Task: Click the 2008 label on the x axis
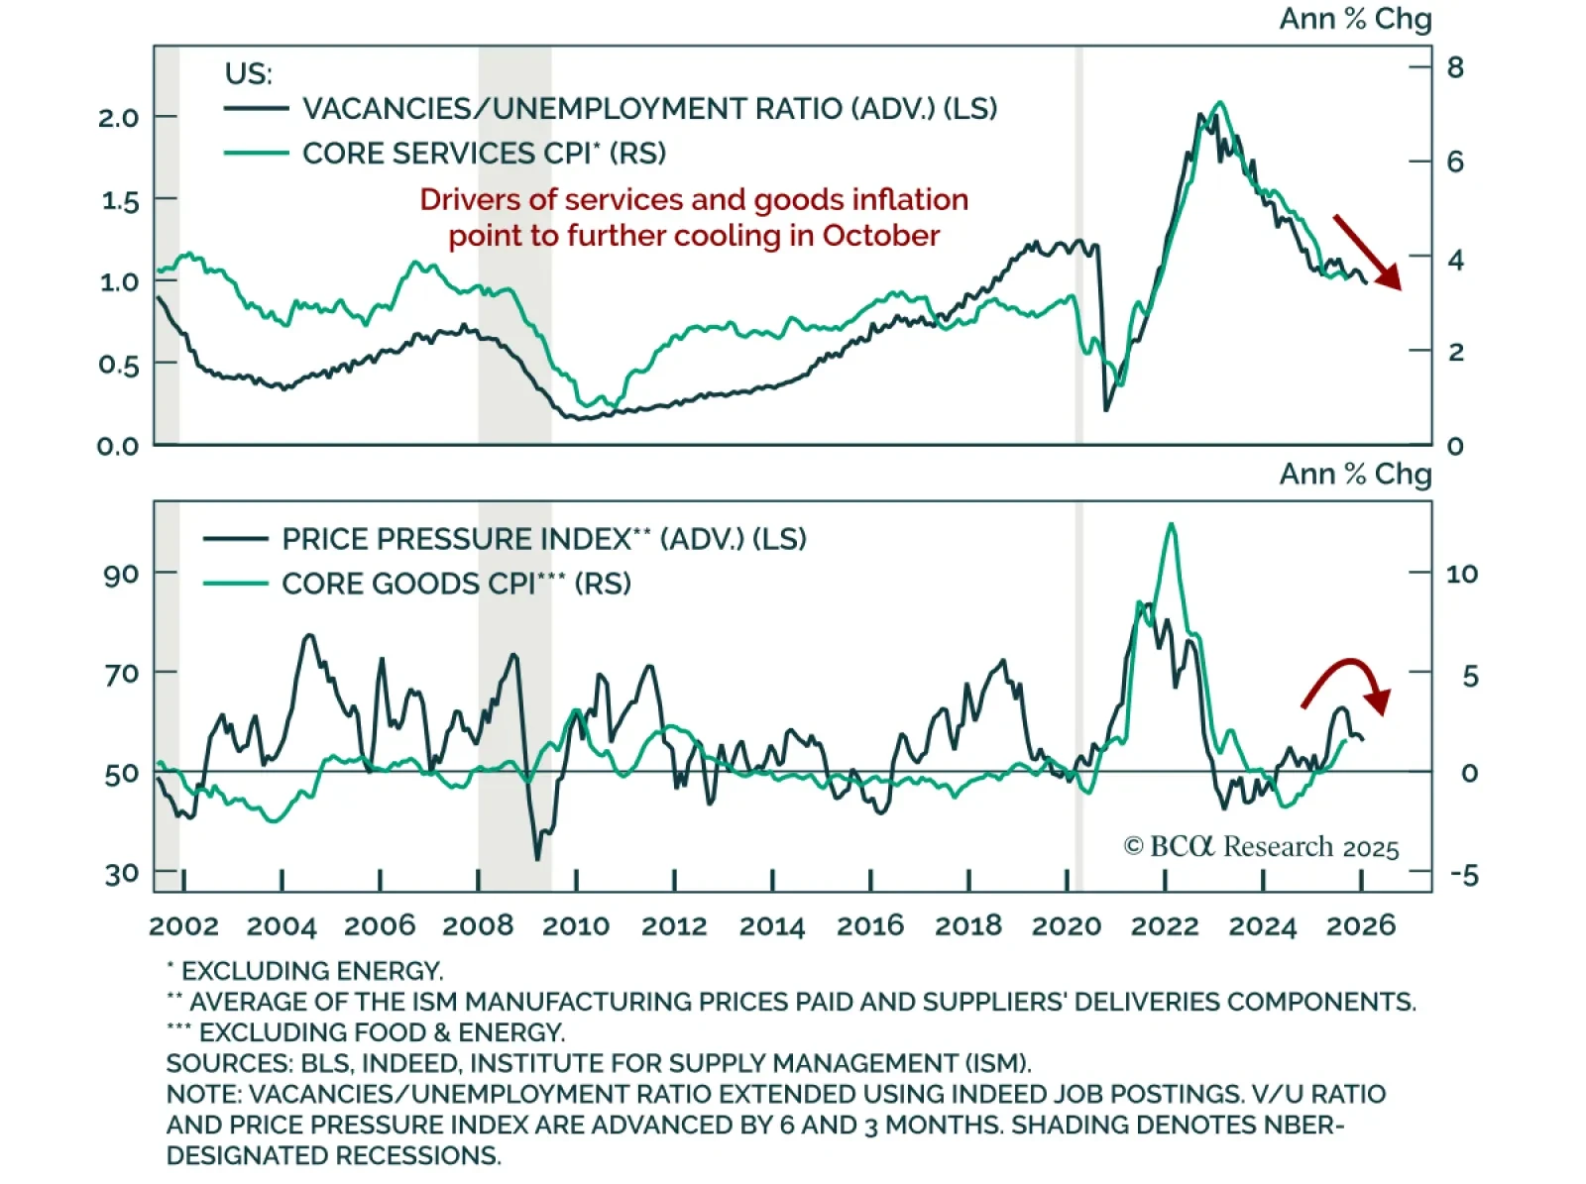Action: pos(478,925)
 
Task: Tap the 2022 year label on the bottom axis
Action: pos(1165,925)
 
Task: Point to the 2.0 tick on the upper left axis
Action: pos(119,117)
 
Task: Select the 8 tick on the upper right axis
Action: pos(1454,67)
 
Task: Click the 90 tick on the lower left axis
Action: pos(121,574)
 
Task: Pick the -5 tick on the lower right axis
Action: pos(1463,875)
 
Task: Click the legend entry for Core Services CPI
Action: pos(484,154)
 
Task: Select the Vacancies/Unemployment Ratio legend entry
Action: pos(649,108)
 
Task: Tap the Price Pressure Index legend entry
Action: pos(543,539)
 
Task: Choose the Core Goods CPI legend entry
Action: pos(456,584)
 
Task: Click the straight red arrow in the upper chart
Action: pos(1366,252)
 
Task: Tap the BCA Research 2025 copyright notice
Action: pos(1261,847)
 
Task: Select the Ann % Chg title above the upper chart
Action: pos(1355,19)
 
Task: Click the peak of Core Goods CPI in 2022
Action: pos(1172,525)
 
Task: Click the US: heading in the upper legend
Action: pos(248,73)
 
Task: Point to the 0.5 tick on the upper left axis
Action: pos(119,365)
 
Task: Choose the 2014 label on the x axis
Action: pos(772,925)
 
